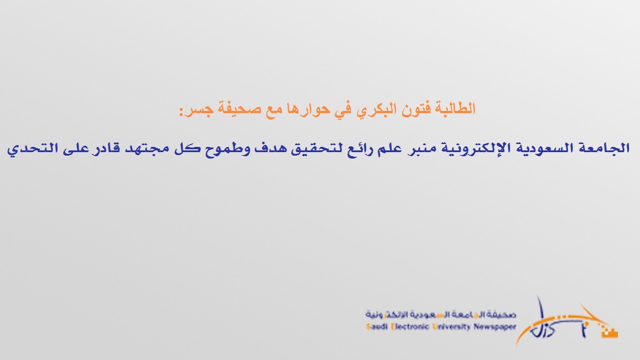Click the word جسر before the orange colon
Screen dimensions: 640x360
pos(199,110)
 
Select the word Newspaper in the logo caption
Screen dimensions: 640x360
pos(495,327)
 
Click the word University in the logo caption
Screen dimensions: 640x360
pos(451,327)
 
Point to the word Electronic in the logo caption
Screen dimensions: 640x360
pos(410,327)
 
